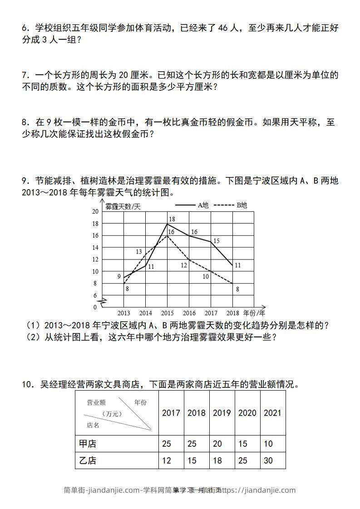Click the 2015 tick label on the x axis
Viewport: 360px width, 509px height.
[x=167, y=313]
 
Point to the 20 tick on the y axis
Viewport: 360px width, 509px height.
[x=95, y=212]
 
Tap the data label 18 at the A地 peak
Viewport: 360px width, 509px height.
[x=172, y=220]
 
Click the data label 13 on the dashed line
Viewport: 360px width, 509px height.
[x=139, y=252]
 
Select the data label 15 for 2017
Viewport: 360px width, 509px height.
[x=216, y=241]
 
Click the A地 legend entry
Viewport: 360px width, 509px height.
[x=191, y=206]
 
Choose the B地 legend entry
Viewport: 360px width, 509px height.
[x=230, y=206]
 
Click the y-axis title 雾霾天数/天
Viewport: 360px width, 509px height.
[x=123, y=206]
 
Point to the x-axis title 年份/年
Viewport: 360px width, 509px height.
[x=254, y=313]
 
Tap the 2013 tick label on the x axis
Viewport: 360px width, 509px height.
[x=123, y=313]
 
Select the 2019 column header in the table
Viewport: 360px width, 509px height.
[x=222, y=413]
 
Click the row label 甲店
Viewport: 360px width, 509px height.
[x=88, y=444]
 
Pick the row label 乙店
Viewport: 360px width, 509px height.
[x=88, y=460]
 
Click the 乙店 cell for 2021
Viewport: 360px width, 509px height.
[x=268, y=460]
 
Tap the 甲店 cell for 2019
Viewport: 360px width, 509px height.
[x=217, y=444]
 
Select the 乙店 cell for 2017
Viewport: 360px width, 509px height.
[x=167, y=460]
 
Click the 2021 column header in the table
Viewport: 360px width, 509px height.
[x=272, y=413]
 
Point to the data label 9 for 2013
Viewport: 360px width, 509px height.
[x=118, y=276]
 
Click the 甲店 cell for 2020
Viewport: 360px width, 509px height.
[x=243, y=444]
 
